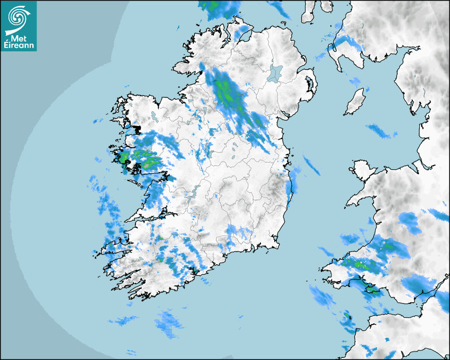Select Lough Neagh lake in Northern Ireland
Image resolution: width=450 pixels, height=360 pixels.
click(x=274, y=73)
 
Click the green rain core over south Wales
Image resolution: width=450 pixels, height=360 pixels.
click(x=360, y=263)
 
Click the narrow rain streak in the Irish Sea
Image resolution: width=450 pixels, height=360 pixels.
click(x=311, y=165)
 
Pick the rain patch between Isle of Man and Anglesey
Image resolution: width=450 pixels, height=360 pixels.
click(x=381, y=131)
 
